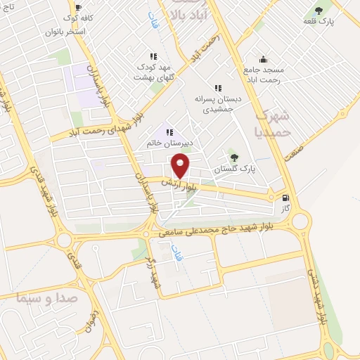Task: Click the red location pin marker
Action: tap(181, 166)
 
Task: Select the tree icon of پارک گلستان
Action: tap(234, 157)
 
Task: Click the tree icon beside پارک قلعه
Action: tap(319, 11)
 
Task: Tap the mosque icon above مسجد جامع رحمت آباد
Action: tap(263, 59)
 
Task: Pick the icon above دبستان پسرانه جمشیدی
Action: tap(218, 89)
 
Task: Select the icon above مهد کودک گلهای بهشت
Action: tap(153, 56)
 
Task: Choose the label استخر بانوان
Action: tap(65, 32)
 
